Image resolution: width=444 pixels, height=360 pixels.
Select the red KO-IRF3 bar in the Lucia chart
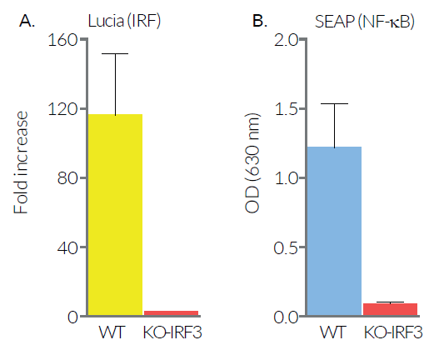coord(171,313)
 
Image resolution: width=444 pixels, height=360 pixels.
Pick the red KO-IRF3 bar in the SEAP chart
coord(389,309)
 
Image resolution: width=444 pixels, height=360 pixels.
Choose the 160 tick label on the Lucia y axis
coord(64,39)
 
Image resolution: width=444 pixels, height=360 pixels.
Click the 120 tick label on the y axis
coord(64,108)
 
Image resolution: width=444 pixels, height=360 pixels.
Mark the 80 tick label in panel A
coord(67,178)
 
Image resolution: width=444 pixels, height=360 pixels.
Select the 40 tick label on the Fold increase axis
coord(67,247)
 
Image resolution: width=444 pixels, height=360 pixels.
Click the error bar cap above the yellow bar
coord(116,54)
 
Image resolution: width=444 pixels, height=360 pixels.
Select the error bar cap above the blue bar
coord(334,104)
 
